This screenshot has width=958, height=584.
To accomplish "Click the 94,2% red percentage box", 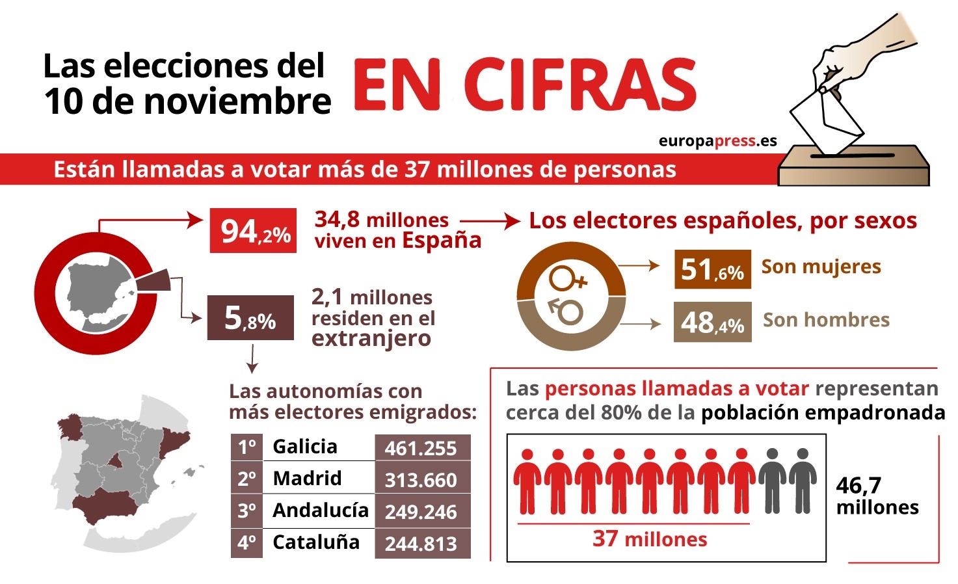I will pos(253,231).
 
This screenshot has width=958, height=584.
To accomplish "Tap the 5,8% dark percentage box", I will pos(250,318).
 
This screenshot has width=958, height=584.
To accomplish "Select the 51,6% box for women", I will pos(712,269).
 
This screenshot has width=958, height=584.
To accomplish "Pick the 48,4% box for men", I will pos(712,322).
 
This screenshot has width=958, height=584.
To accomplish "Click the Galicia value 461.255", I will pos(422,448).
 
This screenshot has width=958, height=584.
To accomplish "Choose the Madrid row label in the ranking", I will pos(307,478).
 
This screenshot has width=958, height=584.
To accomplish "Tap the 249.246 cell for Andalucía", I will pos(422,512).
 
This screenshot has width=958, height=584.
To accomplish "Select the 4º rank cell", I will pos(246,542).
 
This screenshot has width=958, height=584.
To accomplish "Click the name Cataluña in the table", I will pos(316,542).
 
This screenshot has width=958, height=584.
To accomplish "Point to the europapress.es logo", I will pos(717,141).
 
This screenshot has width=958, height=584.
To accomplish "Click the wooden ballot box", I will pos(853,167).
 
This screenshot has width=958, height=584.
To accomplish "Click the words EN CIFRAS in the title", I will pos(524,85).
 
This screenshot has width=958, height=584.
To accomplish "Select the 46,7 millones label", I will pos(877,496).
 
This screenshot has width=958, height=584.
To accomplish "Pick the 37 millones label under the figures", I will pos(649,539).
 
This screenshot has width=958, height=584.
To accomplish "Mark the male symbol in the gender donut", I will pos(566,311).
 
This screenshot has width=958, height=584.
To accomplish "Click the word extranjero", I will pos(371,339).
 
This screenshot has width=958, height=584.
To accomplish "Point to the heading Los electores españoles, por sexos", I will pos(723,221).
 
